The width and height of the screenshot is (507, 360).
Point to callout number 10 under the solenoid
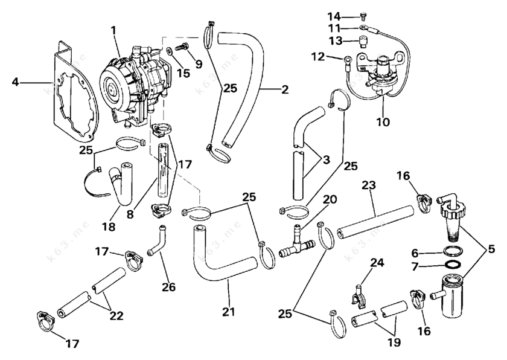[x=383, y=122]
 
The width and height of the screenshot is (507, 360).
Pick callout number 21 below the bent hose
[x=228, y=312]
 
